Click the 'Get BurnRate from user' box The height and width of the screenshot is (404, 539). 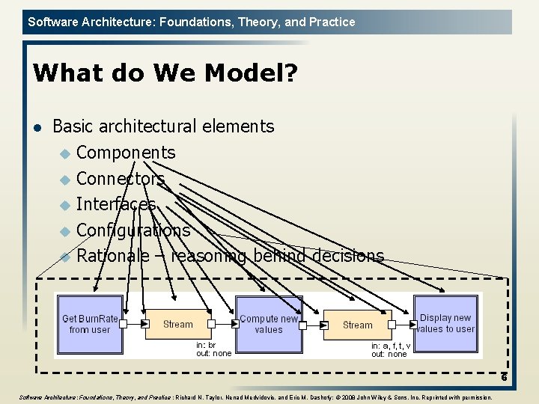pos(89,324)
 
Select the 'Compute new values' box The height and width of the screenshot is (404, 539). pos(269,324)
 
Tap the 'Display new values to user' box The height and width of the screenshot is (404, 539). pos(445,323)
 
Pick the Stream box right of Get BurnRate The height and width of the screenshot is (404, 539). pos(178,324)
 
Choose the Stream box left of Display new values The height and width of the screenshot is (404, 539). pos(357,325)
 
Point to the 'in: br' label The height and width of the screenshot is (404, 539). pos(207,346)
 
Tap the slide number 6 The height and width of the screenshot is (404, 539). pos(504,377)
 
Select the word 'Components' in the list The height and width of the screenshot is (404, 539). pos(126,153)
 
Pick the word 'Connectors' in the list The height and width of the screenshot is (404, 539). pos(121,179)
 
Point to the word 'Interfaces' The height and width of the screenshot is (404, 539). pos(116,204)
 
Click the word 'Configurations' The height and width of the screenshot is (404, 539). pos(133,230)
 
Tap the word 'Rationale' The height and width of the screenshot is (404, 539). pos(113,256)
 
